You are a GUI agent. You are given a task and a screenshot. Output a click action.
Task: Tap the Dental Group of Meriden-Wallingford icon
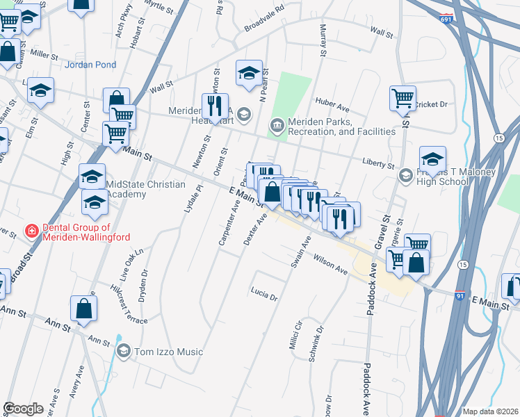point(31,231)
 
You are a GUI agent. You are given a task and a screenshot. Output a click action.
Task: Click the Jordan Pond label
point(90,65)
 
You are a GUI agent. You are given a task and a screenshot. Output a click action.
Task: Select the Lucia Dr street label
point(264,295)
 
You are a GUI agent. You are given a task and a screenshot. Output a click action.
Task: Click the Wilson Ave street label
point(330,264)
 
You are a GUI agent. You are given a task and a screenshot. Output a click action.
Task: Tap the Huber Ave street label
point(332,108)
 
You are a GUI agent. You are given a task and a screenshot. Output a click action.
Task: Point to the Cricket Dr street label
point(434,105)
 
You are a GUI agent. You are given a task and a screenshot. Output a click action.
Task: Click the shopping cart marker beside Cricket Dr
point(403,98)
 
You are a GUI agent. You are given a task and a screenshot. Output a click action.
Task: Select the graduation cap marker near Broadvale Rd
point(249,72)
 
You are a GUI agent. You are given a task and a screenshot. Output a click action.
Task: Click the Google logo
point(23,409)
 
